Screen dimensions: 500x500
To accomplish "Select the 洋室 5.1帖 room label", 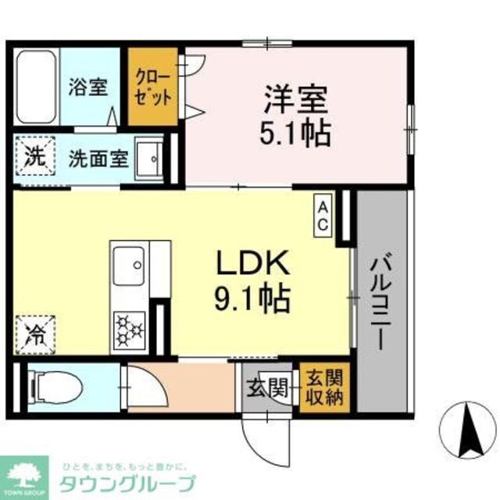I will (x=295, y=115).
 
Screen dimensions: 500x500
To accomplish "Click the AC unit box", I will (x=323, y=214).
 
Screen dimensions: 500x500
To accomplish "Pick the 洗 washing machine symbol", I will (x=34, y=155).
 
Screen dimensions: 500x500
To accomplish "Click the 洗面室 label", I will (x=98, y=158).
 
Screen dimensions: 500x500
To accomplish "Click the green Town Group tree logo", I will (x=25, y=473).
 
